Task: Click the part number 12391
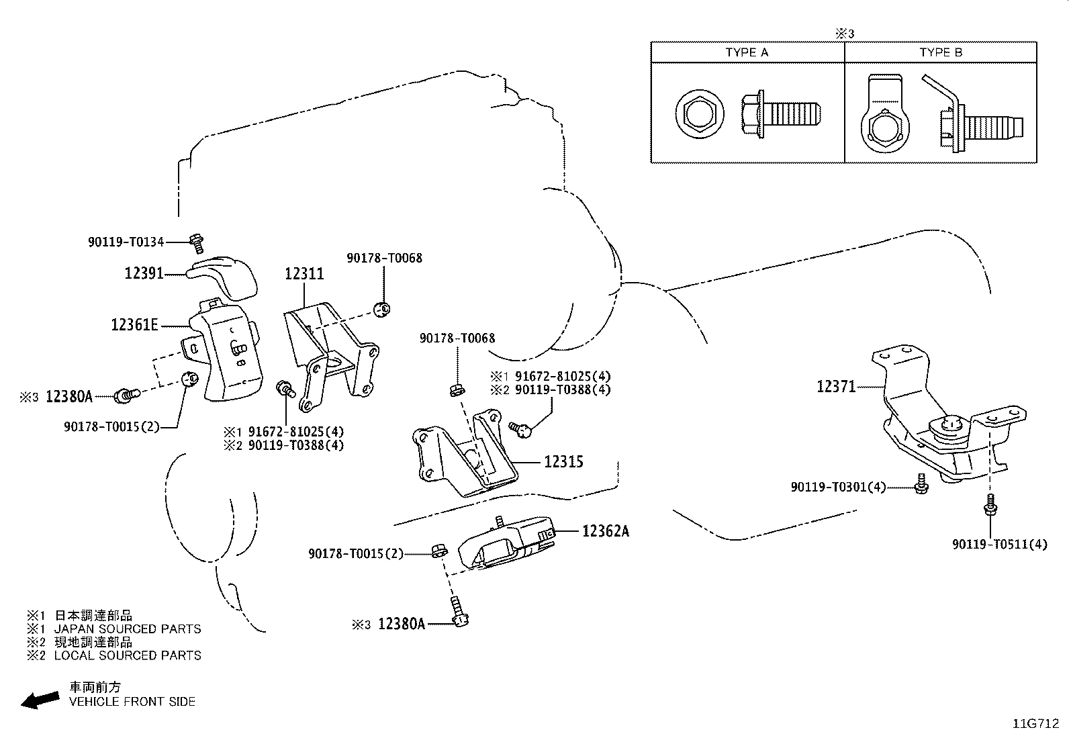(x=144, y=273)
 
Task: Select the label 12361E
(x=135, y=326)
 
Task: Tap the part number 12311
(x=304, y=273)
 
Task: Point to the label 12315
(x=563, y=462)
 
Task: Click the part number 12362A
(x=606, y=531)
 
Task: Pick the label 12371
(x=836, y=386)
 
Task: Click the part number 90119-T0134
(x=126, y=242)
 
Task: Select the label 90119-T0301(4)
(x=839, y=487)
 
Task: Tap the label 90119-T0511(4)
(x=999, y=545)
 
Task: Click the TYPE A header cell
(x=747, y=52)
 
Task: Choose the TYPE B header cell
(x=941, y=52)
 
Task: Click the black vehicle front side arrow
(x=40, y=700)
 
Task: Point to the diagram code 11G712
(x=1036, y=725)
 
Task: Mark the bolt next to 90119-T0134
(x=197, y=240)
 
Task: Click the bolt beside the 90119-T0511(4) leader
(x=990, y=505)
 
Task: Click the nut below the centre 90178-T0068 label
(x=456, y=389)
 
